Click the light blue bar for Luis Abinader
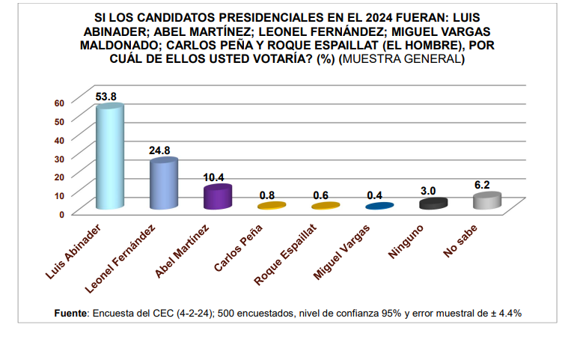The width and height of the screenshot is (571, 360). [110, 159]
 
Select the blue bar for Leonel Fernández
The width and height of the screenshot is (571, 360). [163, 185]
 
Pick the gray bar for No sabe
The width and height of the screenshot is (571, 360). [486, 201]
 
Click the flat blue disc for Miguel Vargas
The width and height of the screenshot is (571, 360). [379, 206]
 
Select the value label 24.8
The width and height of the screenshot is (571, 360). [160, 150]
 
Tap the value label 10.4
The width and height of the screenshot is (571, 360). [216, 177]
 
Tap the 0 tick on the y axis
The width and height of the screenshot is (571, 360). [64, 213]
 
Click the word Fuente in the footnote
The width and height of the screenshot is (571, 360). [72, 313]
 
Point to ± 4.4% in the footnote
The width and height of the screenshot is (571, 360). [504, 313]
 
